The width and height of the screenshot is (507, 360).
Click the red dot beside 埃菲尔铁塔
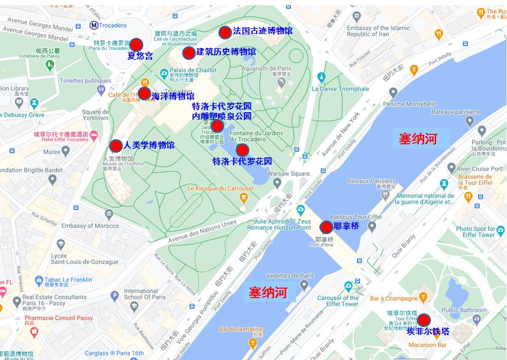coord(424,320)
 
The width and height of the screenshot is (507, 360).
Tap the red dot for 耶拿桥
coord(326,227)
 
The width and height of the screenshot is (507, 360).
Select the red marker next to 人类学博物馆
coord(116,146)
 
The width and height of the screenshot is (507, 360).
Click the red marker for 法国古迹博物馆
coord(225,32)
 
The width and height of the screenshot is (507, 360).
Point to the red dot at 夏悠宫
coord(136,45)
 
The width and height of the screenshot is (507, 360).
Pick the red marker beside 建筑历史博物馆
coord(188,52)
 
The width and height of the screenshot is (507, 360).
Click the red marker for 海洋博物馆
coord(144,93)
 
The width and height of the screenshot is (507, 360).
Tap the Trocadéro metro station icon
coord(94,25)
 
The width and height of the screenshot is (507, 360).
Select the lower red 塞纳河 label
coord(268,292)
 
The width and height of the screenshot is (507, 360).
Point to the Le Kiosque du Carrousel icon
coord(243,197)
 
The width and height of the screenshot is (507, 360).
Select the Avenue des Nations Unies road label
coord(202,231)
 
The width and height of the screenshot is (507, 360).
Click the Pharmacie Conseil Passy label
coord(58,318)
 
